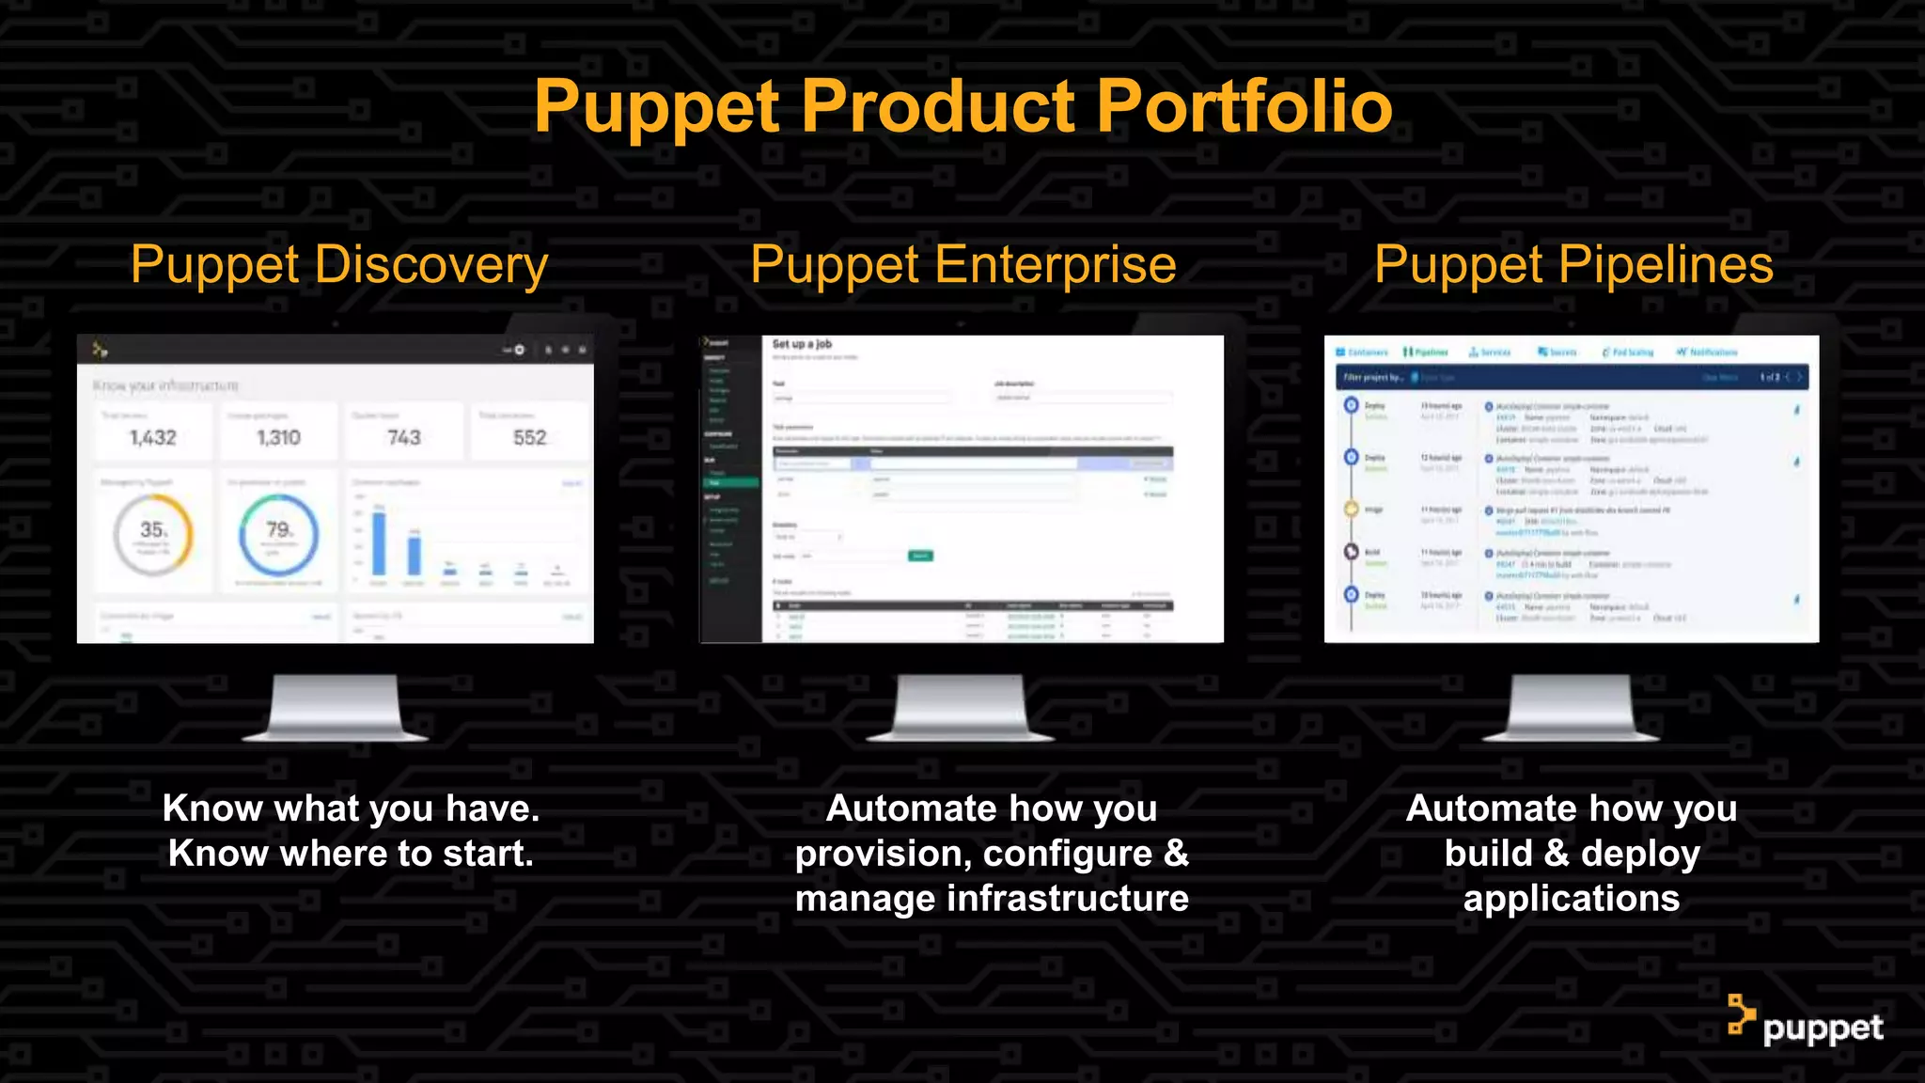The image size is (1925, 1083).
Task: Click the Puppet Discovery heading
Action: pos(339,264)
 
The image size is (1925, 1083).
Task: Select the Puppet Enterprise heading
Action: pos(963,264)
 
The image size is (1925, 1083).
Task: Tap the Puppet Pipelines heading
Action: pos(1573,264)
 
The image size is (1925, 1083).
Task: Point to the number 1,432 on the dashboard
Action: pos(153,437)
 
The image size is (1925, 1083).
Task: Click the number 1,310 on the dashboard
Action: pos(279,437)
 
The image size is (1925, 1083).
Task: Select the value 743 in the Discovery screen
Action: pos(404,437)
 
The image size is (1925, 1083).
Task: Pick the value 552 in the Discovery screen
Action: pos(529,437)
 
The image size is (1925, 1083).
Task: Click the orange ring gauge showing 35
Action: pos(153,535)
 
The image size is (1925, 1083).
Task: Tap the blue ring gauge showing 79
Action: pos(279,535)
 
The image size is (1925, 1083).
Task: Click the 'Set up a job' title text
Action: pos(802,344)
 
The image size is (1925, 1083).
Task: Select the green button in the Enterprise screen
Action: pos(920,556)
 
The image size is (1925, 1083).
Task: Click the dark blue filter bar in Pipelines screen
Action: pos(1570,377)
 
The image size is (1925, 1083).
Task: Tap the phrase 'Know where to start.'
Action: pos(351,854)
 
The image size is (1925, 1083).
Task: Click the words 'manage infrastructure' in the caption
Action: pos(992,899)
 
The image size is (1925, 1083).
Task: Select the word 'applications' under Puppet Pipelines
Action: pos(1571,899)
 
